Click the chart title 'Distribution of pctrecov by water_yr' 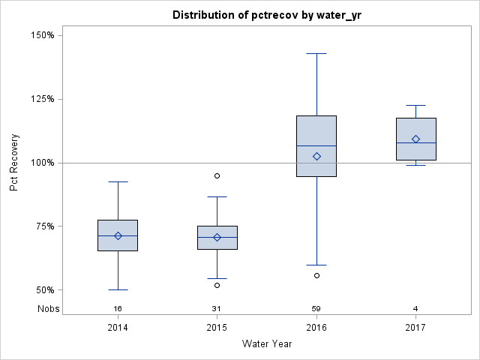pyautogui.click(x=266, y=15)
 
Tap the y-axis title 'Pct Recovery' pyautogui.click(x=14, y=162)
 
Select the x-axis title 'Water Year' pyautogui.click(x=266, y=344)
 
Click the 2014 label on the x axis pyautogui.click(x=118, y=328)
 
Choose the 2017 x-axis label pyautogui.click(x=416, y=328)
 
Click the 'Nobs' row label pyautogui.click(x=49, y=309)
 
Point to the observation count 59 pyautogui.click(x=316, y=309)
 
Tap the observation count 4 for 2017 pyautogui.click(x=416, y=309)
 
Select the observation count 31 pyautogui.click(x=217, y=309)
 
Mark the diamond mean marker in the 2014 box pyautogui.click(x=118, y=235)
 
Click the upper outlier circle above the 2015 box pyautogui.click(x=217, y=175)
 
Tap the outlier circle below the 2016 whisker pyautogui.click(x=316, y=275)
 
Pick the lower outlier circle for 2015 pyautogui.click(x=217, y=285)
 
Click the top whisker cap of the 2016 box pyautogui.click(x=316, y=53)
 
